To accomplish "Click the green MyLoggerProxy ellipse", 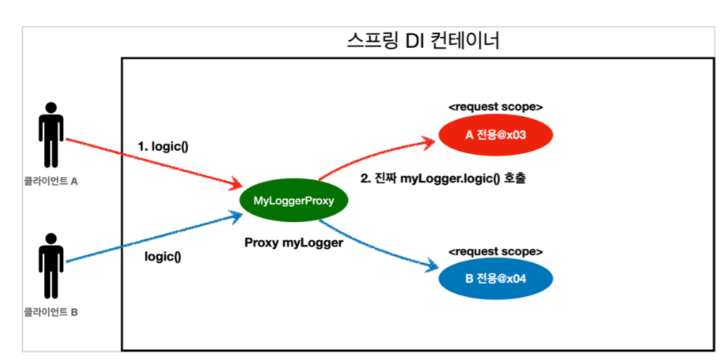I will coord(293,201).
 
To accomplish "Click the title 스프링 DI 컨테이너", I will coord(423,41).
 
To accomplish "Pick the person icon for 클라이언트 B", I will coord(51,266).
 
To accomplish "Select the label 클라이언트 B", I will coord(50,313).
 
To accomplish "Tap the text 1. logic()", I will coord(163,146).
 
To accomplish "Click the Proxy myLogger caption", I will coord(293,243).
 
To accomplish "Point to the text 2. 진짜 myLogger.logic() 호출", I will coord(442,179).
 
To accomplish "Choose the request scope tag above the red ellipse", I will coord(496,107).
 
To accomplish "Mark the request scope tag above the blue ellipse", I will coord(496,251).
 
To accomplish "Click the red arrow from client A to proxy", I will coord(152,162).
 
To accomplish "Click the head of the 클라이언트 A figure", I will coord(51,105).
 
